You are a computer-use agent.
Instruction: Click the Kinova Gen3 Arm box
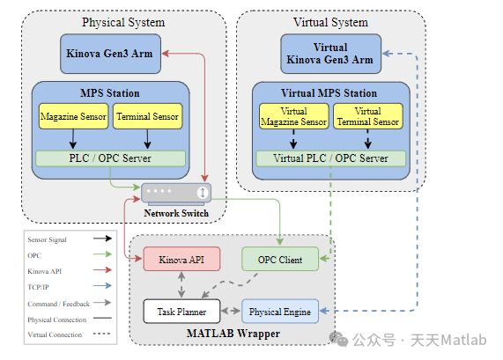[111, 54]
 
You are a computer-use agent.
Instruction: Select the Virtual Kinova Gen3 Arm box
[330, 54]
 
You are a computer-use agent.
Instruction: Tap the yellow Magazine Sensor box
[73, 116]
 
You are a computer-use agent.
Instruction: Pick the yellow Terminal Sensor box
[148, 116]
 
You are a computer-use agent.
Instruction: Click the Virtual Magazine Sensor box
[294, 116]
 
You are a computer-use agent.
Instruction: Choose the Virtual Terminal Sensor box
[368, 116]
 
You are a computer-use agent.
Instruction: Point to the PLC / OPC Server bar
[110, 158]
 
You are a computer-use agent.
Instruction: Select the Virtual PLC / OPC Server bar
[330, 158]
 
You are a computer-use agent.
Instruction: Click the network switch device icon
[176, 194]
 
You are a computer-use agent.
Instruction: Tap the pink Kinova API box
[181, 259]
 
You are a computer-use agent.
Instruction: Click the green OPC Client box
[280, 259]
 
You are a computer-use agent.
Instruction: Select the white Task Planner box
[181, 312]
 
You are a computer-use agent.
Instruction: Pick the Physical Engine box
[280, 312]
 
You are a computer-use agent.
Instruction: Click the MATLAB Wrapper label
[233, 334]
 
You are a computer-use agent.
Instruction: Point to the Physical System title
[123, 22]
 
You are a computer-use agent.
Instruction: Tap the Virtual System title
[330, 22]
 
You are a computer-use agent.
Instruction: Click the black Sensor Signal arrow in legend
[102, 239]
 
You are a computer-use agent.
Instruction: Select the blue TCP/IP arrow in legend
[102, 286]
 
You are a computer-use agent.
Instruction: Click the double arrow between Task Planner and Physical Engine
[231, 311]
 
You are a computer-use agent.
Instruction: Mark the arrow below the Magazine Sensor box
[73, 139]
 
